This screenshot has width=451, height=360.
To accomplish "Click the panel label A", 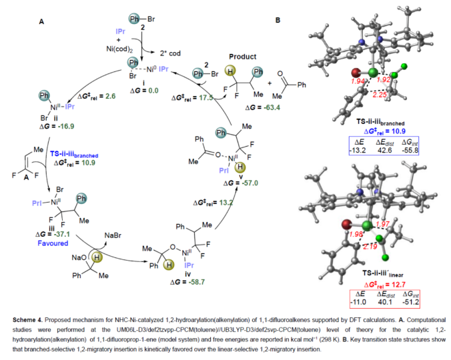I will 41,22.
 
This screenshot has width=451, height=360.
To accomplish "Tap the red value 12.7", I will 392,281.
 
